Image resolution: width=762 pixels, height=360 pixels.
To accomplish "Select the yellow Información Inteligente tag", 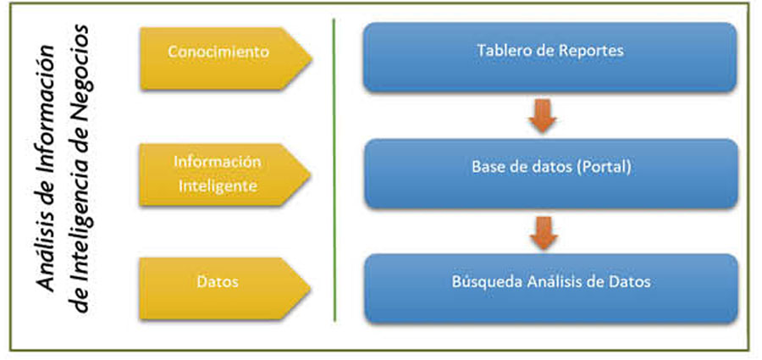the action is pos(224,174).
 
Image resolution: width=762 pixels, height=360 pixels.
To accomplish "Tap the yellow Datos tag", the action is pos(224,289).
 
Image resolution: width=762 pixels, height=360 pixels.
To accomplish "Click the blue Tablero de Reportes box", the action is pos(550,57).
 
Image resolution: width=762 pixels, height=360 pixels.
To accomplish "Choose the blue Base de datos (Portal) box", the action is pos(551,174).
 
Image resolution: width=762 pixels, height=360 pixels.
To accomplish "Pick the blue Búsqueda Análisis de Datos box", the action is pos(551,289).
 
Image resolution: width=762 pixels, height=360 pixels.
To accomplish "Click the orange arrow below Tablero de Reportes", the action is pos(543,115).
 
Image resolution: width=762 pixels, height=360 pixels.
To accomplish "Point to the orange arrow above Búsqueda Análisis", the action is pos(544,232).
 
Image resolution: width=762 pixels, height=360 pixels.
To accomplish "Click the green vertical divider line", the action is pos(334,169).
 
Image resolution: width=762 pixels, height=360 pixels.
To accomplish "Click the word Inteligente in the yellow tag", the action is pos(218,186).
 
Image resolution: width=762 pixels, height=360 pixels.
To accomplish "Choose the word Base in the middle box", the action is pos(488,168).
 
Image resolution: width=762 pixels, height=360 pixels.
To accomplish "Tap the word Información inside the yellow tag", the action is pos(218,162).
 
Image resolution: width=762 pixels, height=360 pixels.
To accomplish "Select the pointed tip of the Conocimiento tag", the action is pos(311,58).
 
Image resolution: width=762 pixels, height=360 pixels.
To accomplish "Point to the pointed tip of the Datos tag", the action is pos(311,289).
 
